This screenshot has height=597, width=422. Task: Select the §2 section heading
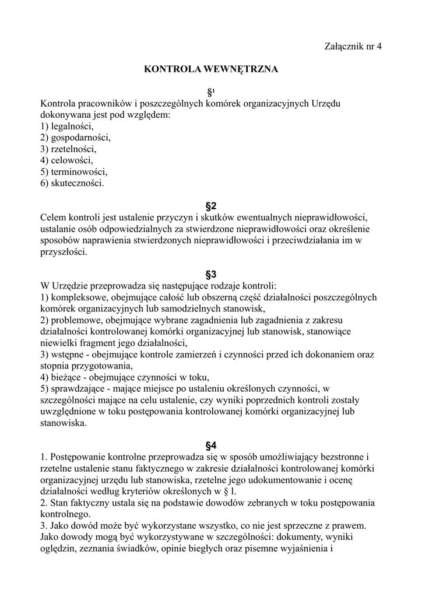coord(211,206)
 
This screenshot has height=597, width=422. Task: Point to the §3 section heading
coord(211,274)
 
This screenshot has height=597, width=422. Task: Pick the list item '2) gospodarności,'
coord(75,138)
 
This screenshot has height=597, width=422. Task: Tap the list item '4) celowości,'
coord(66,160)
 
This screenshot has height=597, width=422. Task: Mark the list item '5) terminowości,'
coord(74,172)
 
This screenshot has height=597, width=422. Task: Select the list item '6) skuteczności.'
coord(72,184)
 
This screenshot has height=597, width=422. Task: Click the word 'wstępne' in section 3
coord(67,354)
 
